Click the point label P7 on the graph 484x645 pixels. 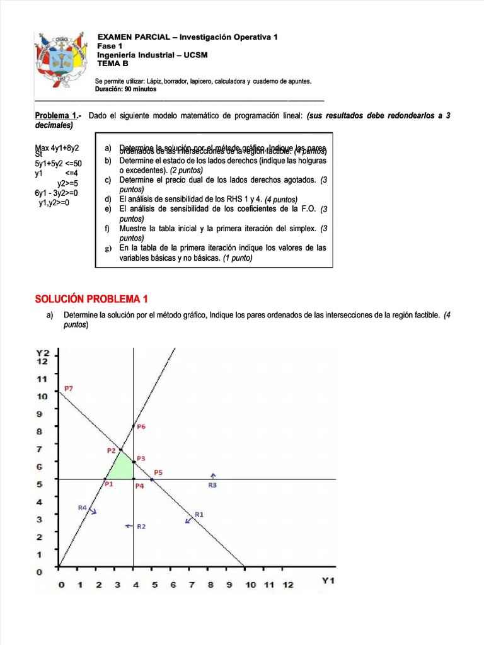tap(69, 389)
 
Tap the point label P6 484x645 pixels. tap(141, 426)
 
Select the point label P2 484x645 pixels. tap(112, 450)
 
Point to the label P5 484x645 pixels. tap(158, 472)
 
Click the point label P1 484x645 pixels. tap(108, 484)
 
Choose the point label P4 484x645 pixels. tap(140, 486)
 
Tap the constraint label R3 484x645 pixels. tap(212, 485)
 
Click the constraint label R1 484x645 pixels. tap(199, 515)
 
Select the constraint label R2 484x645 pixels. tap(141, 526)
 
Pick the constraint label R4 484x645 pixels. tap(83, 508)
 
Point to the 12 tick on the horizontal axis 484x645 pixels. tap(288, 585)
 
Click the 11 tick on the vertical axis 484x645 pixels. tap(42, 379)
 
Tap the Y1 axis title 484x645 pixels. tap(328, 581)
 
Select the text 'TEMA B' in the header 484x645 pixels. tap(113, 64)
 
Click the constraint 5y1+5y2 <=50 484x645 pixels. tap(59, 163)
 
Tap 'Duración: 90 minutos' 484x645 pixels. tap(126, 89)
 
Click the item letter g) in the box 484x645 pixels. tap(107, 248)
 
